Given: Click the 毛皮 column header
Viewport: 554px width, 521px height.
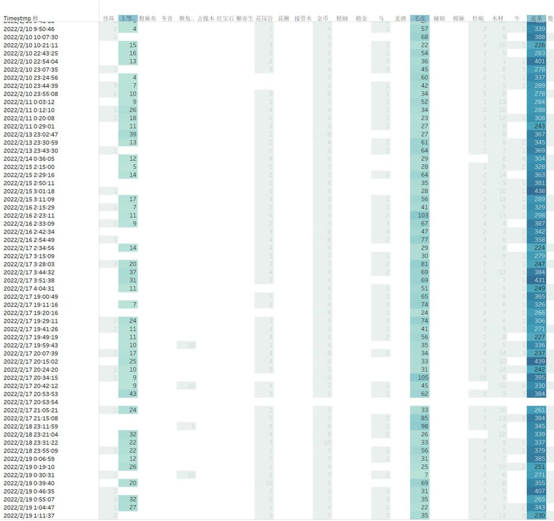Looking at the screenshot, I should (x=420, y=18).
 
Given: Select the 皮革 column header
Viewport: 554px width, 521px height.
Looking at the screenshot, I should (x=536, y=18).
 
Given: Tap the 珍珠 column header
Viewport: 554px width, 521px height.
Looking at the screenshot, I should (x=108, y=18).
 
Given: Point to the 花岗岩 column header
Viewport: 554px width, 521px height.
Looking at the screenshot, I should (x=264, y=18).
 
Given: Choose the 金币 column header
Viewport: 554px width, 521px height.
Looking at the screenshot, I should (x=323, y=18).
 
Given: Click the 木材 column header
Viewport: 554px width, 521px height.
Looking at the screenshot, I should (x=498, y=18).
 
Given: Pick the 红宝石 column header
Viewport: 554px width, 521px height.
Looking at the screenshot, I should (x=225, y=18).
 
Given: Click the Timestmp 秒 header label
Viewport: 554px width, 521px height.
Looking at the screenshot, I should (x=21, y=18).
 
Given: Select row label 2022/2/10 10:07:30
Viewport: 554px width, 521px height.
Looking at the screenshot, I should (x=31, y=37).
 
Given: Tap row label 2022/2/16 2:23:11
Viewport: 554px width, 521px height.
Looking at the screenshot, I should (x=29, y=216).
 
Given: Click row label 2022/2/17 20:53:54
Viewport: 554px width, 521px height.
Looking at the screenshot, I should (x=31, y=402).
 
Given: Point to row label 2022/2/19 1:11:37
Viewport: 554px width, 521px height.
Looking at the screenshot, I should (x=29, y=515).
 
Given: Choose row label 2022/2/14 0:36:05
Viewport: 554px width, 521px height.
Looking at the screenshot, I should (x=29, y=159).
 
